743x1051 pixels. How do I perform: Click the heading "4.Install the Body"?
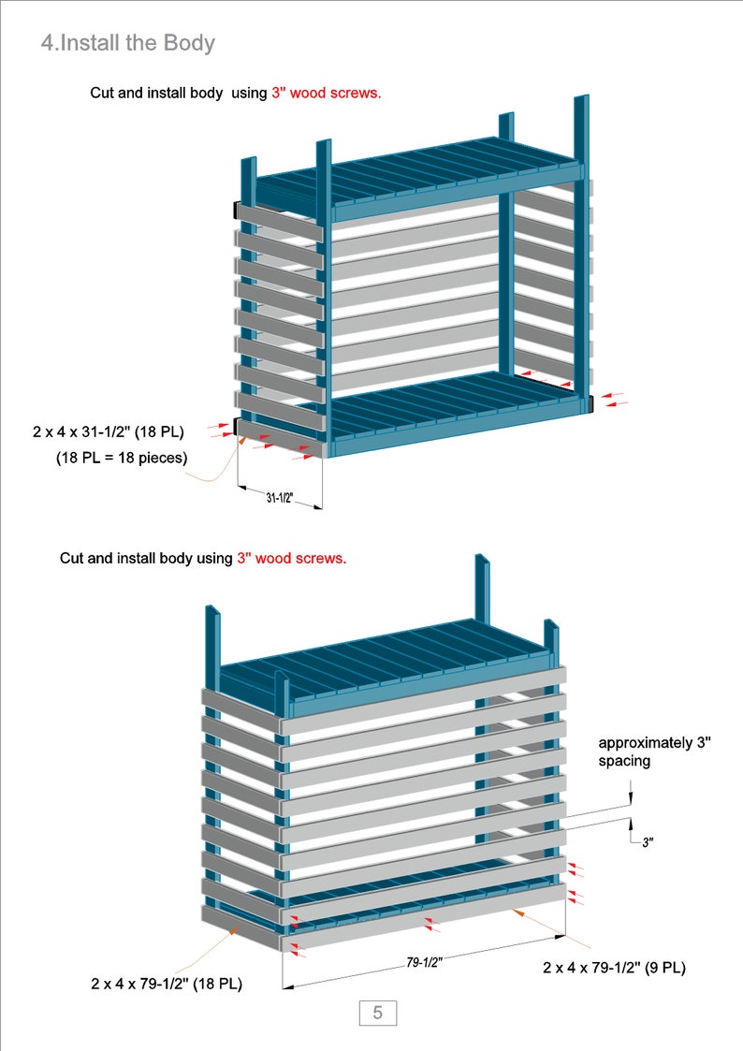tap(128, 43)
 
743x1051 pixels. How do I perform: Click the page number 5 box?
tap(377, 1013)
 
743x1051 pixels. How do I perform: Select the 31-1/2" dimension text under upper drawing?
tap(279, 499)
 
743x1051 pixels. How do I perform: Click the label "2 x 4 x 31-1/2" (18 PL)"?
tap(108, 432)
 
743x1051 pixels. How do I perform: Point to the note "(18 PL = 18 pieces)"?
tap(121, 458)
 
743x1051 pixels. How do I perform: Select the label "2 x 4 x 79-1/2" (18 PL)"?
tap(167, 984)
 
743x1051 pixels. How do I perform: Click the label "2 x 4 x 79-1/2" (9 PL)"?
tap(614, 968)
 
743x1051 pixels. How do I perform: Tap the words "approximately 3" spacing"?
tap(654, 752)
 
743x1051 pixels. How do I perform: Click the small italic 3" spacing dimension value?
tap(648, 842)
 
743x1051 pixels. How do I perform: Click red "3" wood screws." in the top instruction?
tap(326, 94)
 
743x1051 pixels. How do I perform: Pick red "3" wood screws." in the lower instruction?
tap(291, 558)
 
